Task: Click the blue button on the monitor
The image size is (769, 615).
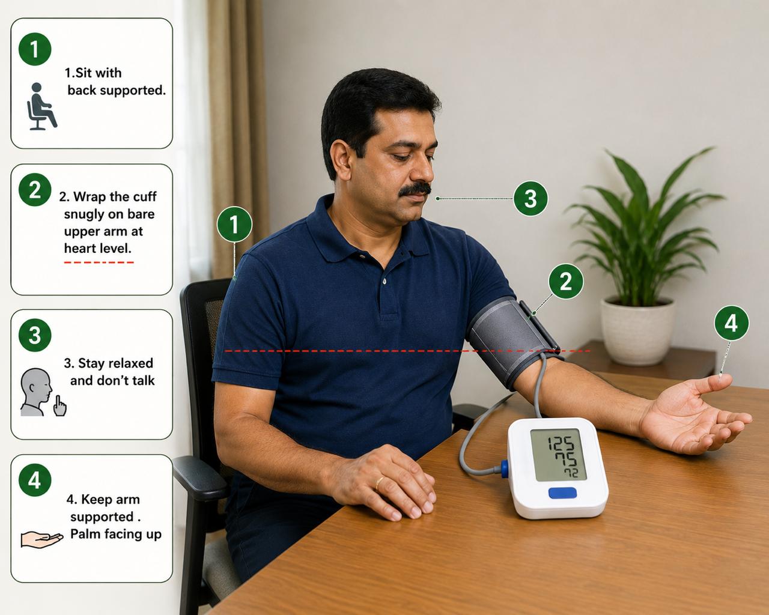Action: [562, 493]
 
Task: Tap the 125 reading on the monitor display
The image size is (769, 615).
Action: [561, 443]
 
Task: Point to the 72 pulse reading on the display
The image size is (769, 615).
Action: [571, 473]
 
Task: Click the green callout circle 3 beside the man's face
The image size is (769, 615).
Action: [530, 198]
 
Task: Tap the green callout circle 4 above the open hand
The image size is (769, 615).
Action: [732, 323]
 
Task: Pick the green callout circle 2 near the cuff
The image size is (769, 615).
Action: [566, 281]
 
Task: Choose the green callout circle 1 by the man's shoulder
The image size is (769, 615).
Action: [234, 224]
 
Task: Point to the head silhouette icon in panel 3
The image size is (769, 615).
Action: [35, 392]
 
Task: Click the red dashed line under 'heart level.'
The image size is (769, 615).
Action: [99, 262]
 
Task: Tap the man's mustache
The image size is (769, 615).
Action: [415, 189]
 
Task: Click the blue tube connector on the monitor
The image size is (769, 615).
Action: [505, 468]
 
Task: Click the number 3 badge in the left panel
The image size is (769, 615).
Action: [35, 335]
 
